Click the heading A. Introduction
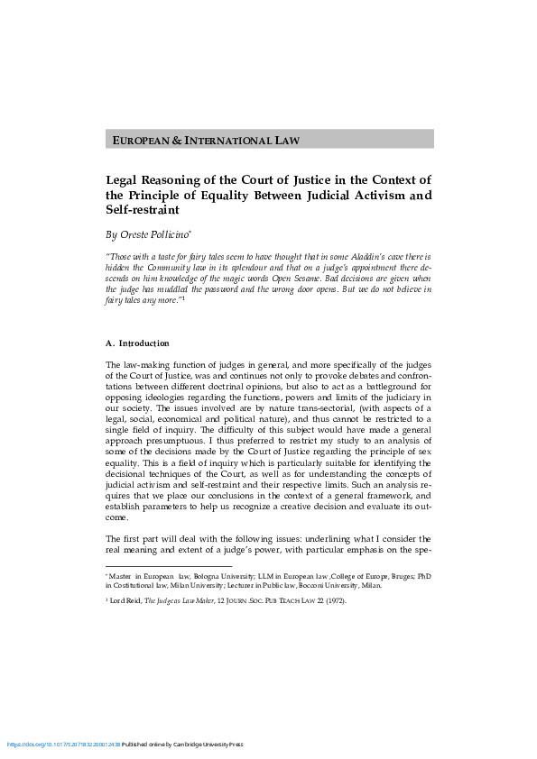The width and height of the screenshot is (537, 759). tap(137, 343)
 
